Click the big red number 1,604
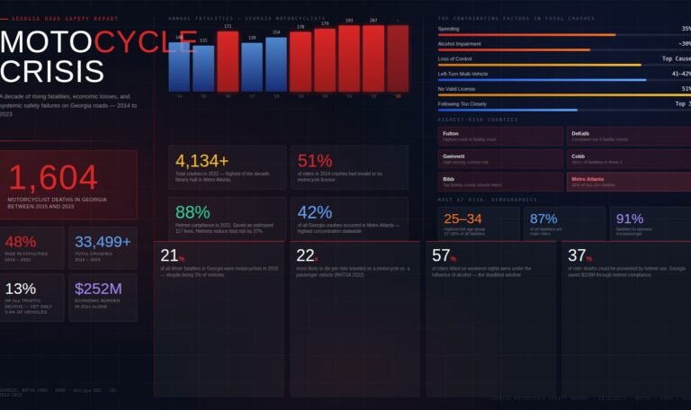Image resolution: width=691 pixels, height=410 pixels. [52, 178]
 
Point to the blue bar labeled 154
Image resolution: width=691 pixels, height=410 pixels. [276, 65]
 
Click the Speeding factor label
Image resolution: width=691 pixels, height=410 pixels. [448, 29]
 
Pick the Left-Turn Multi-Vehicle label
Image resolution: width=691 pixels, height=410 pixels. [462, 74]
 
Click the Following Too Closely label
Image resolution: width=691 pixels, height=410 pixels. [462, 103]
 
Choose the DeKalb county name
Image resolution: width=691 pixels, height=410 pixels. [579, 133]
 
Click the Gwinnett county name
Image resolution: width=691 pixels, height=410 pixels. [453, 156]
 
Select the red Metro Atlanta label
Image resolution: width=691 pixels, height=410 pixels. [588, 178]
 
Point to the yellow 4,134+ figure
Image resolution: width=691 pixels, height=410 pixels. [202, 161]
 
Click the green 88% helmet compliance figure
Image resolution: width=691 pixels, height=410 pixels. [193, 212]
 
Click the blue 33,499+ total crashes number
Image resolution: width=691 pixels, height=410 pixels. [103, 242]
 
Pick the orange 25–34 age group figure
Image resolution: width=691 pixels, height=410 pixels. [462, 218]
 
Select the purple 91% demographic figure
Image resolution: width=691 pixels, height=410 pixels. [630, 218]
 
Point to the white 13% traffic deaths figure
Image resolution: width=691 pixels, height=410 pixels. [20, 289]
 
